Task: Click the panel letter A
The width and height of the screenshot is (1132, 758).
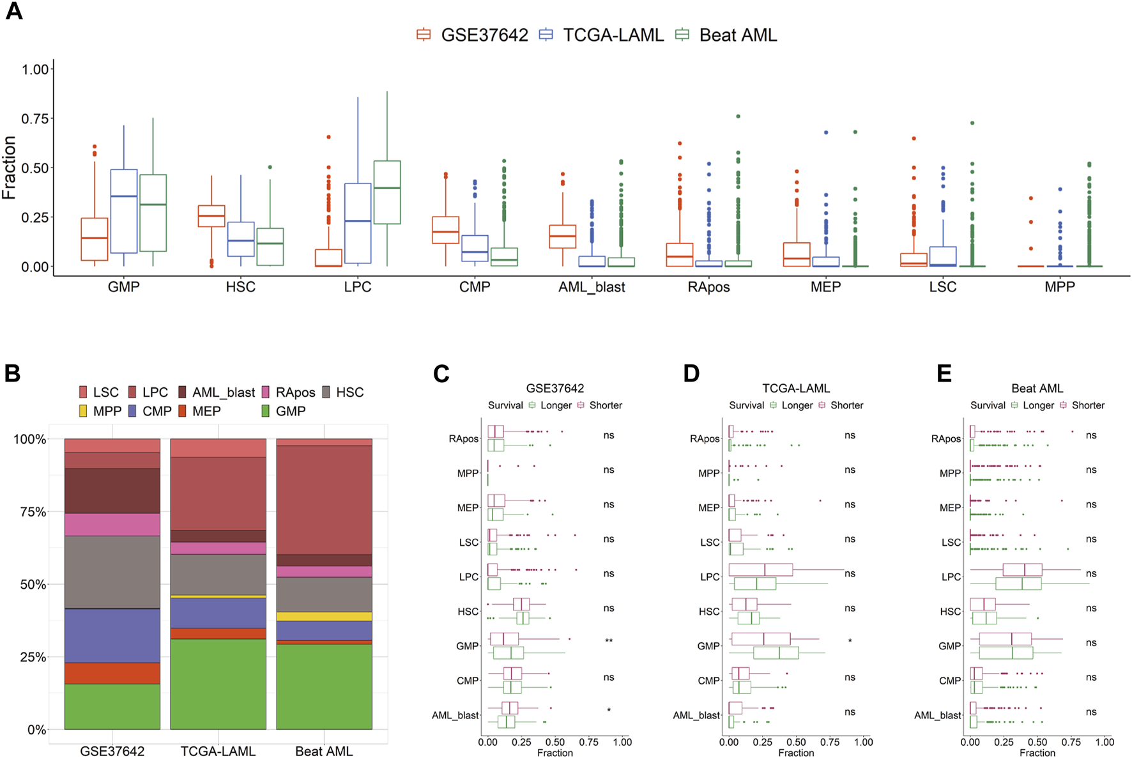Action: (x=13, y=12)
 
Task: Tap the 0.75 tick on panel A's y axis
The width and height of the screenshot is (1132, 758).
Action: (x=35, y=119)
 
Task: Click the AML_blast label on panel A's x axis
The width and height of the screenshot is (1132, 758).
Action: (x=592, y=288)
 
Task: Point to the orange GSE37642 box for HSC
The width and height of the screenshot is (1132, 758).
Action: (x=211, y=216)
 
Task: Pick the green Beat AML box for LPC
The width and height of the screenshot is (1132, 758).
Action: (x=387, y=192)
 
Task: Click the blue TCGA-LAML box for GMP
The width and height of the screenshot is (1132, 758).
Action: (x=124, y=211)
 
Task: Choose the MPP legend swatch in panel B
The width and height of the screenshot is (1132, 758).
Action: (x=83, y=412)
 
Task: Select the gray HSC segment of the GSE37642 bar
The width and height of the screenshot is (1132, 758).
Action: (x=112, y=572)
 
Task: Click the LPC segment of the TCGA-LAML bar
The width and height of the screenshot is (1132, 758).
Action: (x=218, y=493)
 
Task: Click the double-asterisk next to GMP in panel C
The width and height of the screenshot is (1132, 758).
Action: (x=609, y=641)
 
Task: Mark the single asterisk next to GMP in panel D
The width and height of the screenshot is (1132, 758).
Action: (x=850, y=641)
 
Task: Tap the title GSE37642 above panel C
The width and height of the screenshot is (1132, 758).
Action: (x=555, y=389)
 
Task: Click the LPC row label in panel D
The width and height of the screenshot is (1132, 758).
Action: (x=710, y=577)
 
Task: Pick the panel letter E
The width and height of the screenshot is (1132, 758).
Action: (x=944, y=373)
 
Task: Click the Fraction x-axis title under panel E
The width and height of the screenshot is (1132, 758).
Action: (x=1037, y=753)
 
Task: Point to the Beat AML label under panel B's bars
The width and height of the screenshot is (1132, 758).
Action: (x=324, y=752)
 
